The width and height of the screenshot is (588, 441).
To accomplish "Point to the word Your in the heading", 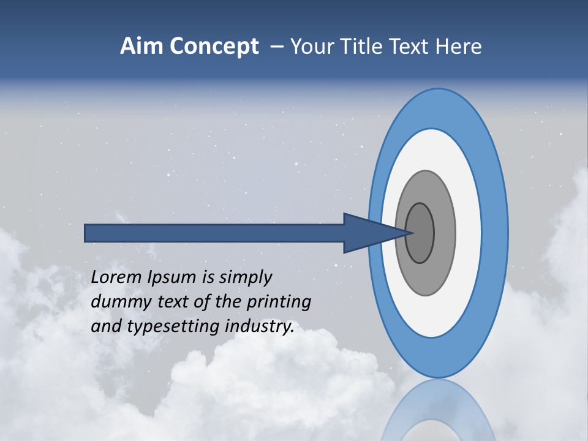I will coord(309,47).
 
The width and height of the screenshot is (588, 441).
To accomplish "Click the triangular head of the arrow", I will coord(367,233).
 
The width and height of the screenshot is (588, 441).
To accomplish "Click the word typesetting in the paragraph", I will coord(171,327).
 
